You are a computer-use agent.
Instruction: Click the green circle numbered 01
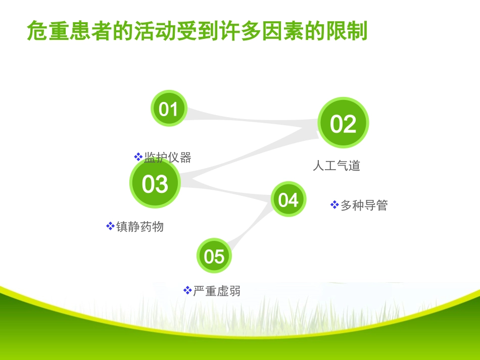169,109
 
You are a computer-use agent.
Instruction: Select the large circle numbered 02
343,123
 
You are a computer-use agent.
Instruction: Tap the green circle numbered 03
155,184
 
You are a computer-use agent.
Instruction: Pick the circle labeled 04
289,199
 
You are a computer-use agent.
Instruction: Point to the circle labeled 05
214,256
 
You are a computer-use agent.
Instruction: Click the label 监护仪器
168,158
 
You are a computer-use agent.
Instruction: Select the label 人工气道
336,166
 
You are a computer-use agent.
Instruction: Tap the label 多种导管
364,205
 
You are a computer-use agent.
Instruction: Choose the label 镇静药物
140,227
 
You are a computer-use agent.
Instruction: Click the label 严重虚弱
217,291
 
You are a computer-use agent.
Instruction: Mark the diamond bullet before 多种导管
334,204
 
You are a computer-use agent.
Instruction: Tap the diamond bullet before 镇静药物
110,226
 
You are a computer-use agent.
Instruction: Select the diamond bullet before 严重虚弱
187,290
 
